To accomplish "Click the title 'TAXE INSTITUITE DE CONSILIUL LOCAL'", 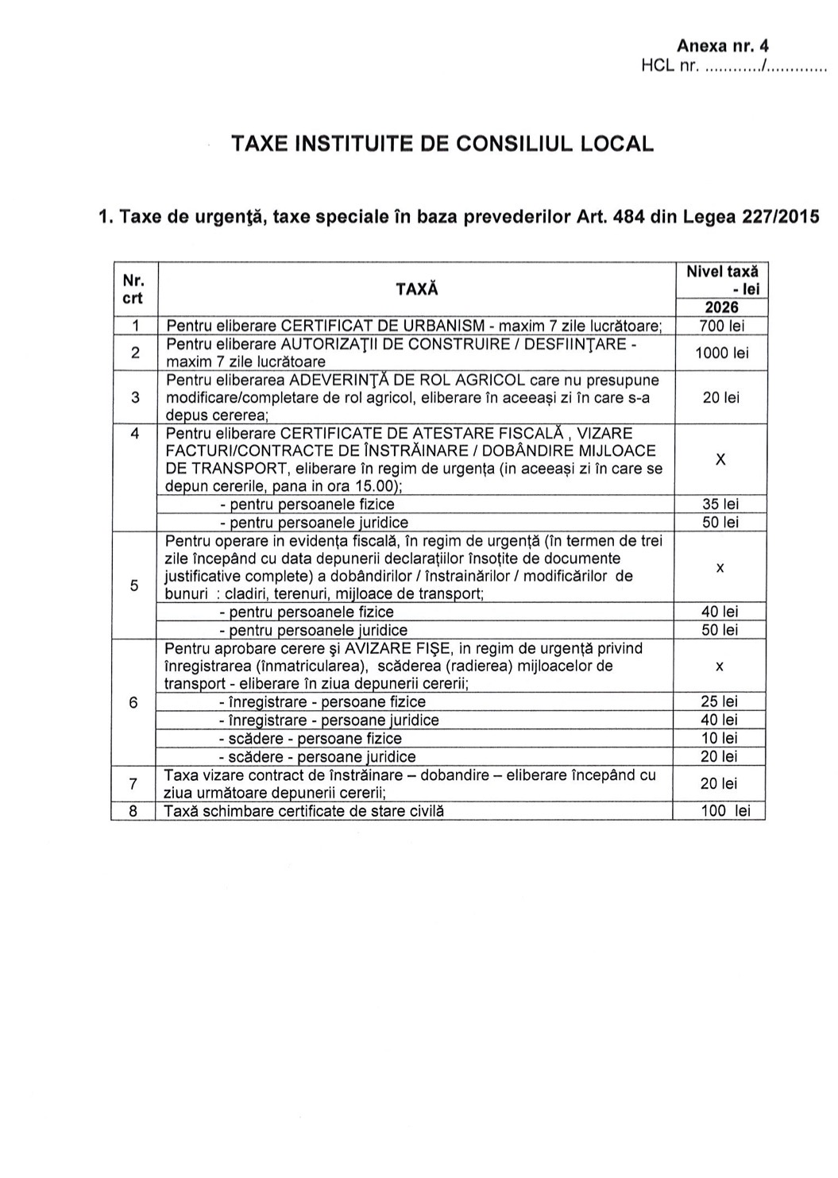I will (442, 144).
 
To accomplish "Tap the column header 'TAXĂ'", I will (416, 289).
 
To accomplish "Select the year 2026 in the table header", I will (720, 307).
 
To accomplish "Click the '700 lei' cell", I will (720, 326).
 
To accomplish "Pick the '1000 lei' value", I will (721, 353).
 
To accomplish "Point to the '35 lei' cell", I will (720, 504).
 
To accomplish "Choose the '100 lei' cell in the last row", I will (720, 811).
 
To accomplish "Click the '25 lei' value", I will (720, 701).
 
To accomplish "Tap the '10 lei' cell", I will (720, 738).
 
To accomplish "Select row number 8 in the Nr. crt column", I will (133, 811).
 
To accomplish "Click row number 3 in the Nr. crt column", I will (134, 397).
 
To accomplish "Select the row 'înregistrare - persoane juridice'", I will (328, 720).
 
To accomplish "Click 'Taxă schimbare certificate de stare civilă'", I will (303, 811).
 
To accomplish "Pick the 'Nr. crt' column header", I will (133, 289).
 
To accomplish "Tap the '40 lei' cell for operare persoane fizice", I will (720, 612).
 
